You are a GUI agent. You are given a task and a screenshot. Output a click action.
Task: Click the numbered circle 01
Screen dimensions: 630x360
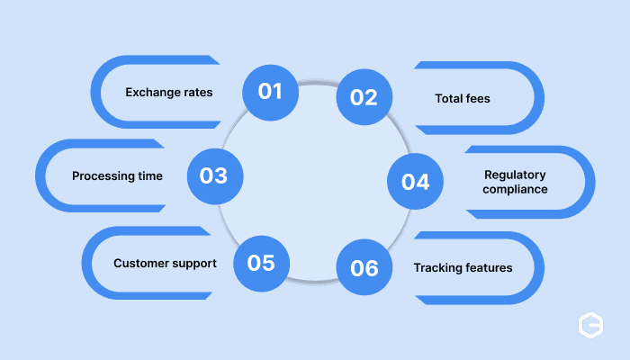(x=270, y=93)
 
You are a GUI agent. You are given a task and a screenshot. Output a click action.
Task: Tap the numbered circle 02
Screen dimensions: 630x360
(x=364, y=97)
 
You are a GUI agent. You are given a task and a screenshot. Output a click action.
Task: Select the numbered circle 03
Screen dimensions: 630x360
(x=215, y=176)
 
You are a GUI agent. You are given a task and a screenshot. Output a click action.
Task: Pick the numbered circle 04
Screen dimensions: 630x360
(x=416, y=181)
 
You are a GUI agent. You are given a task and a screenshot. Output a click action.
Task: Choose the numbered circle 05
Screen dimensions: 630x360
(x=262, y=264)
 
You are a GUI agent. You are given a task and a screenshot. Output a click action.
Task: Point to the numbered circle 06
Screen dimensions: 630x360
(x=364, y=267)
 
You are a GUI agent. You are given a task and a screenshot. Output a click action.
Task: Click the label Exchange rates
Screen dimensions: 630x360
(x=169, y=93)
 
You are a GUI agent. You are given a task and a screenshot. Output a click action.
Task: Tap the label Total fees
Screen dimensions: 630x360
(x=463, y=98)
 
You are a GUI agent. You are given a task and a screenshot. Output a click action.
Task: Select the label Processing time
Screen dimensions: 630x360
(x=117, y=176)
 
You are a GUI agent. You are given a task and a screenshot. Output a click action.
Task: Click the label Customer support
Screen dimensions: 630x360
(x=165, y=264)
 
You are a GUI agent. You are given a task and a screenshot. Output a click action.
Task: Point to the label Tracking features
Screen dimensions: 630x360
(x=463, y=268)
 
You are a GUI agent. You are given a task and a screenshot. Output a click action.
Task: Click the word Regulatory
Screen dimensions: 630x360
(x=515, y=175)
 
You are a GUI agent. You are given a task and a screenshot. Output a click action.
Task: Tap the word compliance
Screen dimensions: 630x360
(x=515, y=189)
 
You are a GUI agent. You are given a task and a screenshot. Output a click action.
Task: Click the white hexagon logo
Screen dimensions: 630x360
(x=590, y=325)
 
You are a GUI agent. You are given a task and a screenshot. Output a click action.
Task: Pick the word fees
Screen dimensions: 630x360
(x=478, y=98)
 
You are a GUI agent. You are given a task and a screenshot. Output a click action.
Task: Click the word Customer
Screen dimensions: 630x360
(x=139, y=263)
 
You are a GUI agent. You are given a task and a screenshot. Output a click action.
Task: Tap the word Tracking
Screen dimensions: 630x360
(x=436, y=268)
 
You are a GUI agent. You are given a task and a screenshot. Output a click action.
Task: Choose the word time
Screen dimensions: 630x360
(x=150, y=176)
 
